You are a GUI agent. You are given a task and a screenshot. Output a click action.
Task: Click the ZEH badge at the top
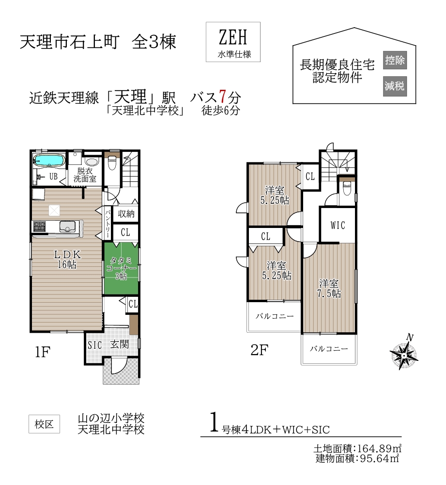[x=233, y=42]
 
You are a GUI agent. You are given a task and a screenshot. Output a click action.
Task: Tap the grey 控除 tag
[x=395, y=60]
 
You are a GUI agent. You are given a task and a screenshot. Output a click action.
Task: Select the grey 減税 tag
[x=395, y=86]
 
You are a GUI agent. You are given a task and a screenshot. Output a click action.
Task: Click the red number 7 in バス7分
[x=222, y=96]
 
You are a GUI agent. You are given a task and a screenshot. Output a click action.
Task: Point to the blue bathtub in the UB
[x=49, y=161]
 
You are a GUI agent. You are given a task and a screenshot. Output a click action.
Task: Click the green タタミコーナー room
[x=121, y=268]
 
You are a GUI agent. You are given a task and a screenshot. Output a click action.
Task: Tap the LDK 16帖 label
[x=67, y=259]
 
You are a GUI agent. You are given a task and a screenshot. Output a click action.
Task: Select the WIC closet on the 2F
[x=338, y=225]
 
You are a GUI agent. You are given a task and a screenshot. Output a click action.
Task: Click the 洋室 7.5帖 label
[x=329, y=288]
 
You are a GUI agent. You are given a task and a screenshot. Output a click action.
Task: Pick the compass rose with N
[x=404, y=353]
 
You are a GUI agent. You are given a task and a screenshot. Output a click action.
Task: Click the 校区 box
[x=44, y=424]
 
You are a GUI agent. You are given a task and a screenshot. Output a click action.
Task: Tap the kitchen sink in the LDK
[x=67, y=226]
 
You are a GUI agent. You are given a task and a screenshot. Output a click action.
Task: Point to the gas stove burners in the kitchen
[x=39, y=226]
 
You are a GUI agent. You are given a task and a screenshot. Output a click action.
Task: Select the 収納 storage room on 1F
[x=126, y=213]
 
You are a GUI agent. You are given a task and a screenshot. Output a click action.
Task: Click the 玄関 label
[x=120, y=344]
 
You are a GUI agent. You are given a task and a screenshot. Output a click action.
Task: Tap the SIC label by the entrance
[x=94, y=344]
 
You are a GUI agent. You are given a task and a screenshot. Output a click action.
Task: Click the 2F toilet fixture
[x=347, y=188]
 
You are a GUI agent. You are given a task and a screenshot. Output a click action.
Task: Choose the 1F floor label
[x=43, y=352]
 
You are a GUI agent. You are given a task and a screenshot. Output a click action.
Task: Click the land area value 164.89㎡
[x=379, y=448]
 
